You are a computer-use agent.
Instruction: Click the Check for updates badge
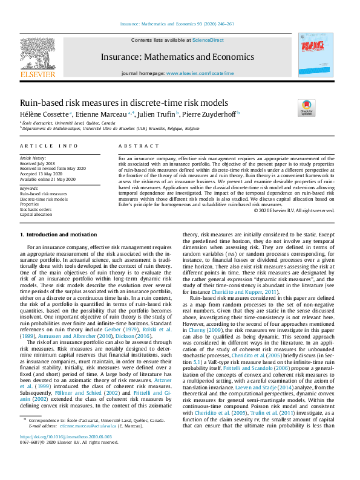307,108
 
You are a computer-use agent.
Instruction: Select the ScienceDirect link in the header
208,41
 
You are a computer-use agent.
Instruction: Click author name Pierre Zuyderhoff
212,113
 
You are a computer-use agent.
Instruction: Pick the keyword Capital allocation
36,215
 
